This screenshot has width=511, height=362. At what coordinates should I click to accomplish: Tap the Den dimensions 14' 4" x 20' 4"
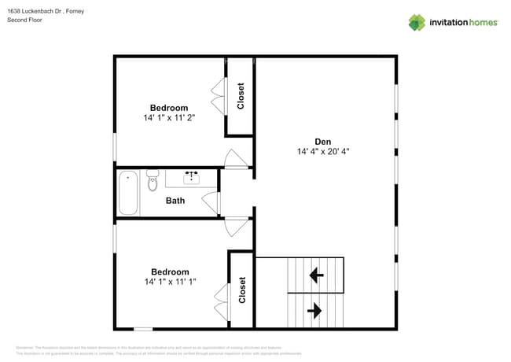tap(323, 152)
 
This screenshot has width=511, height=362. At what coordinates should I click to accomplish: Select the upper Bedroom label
tap(169, 108)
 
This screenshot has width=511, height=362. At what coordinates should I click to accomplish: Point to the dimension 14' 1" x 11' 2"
tap(169, 117)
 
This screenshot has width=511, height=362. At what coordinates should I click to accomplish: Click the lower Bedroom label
tap(170, 271)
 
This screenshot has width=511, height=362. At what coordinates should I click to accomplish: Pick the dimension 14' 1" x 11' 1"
tap(170, 281)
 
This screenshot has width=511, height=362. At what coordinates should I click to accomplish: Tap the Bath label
tap(175, 201)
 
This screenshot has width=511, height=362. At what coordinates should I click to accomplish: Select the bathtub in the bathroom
tap(128, 193)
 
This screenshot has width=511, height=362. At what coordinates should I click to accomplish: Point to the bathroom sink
tap(191, 177)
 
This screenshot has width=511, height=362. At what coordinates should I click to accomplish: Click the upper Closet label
tap(241, 95)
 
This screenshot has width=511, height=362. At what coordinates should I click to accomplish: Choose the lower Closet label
tap(242, 290)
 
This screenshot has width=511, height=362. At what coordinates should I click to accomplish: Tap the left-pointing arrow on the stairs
tap(316, 275)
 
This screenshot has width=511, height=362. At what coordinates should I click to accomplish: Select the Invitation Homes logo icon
tap(417, 22)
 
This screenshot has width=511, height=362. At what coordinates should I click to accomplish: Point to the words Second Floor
tap(25, 20)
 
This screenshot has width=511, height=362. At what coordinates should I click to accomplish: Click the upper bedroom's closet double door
tap(217, 96)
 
